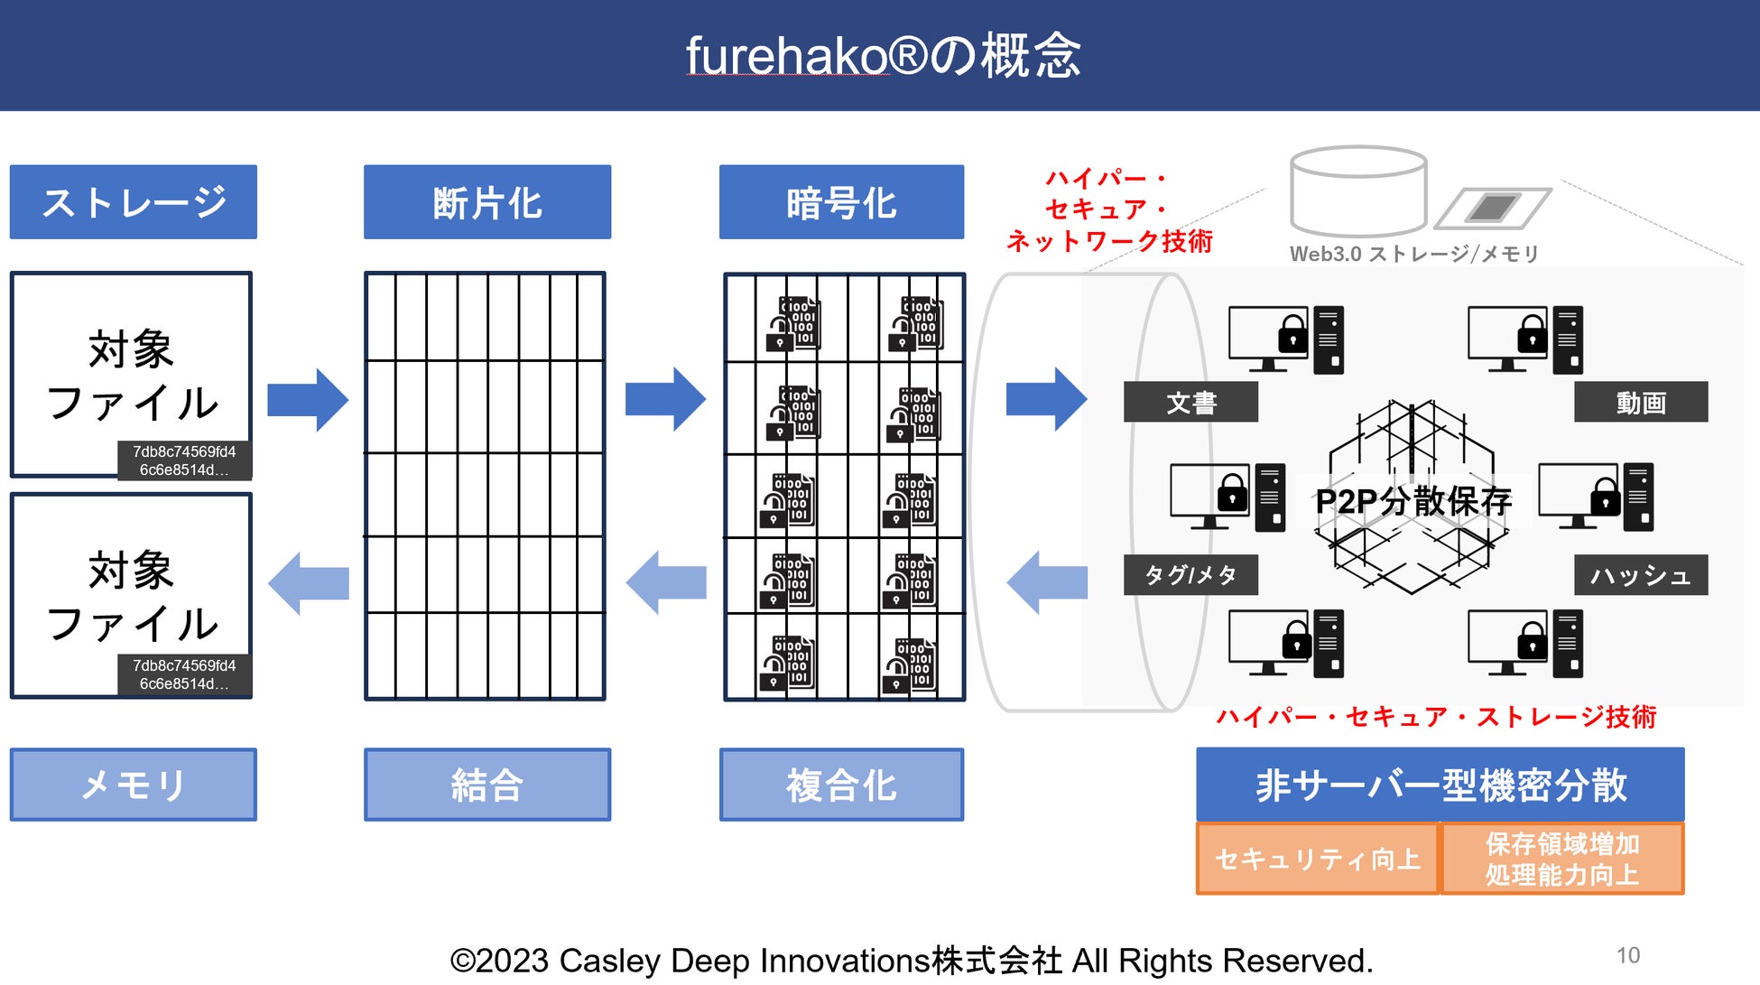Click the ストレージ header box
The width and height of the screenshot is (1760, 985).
(x=134, y=202)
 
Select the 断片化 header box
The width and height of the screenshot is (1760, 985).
(x=487, y=202)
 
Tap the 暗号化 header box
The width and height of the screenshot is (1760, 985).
(x=841, y=202)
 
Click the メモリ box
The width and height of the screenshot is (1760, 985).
(x=134, y=785)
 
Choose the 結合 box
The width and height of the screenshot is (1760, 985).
(x=487, y=785)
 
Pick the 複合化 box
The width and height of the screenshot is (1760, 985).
(x=841, y=785)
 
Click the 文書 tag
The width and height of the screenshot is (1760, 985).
(x=1190, y=402)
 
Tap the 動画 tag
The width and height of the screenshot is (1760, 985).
(x=1641, y=402)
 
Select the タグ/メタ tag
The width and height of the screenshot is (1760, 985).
(x=1190, y=575)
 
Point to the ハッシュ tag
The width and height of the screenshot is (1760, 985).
(x=1641, y=575)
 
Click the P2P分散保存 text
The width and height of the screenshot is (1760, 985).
(x=1413, y=501)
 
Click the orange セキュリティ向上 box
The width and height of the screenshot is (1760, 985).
(x=1318, y=859)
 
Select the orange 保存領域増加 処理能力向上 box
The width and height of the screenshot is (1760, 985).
(x=1562, y=859)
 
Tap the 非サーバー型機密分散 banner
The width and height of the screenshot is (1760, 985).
(x=1440, y=785)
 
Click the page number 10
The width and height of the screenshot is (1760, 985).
(x=1628, y=955)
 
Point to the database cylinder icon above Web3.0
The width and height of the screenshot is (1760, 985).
(x=1358, y=191)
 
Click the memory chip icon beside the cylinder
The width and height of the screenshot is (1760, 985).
(x=1494, y=209)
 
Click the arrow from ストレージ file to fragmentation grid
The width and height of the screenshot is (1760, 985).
(x=308, y=400)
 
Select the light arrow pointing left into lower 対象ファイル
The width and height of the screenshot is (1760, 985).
(x=308, y=583)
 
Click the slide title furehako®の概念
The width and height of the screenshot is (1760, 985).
(x=883, y=56)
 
